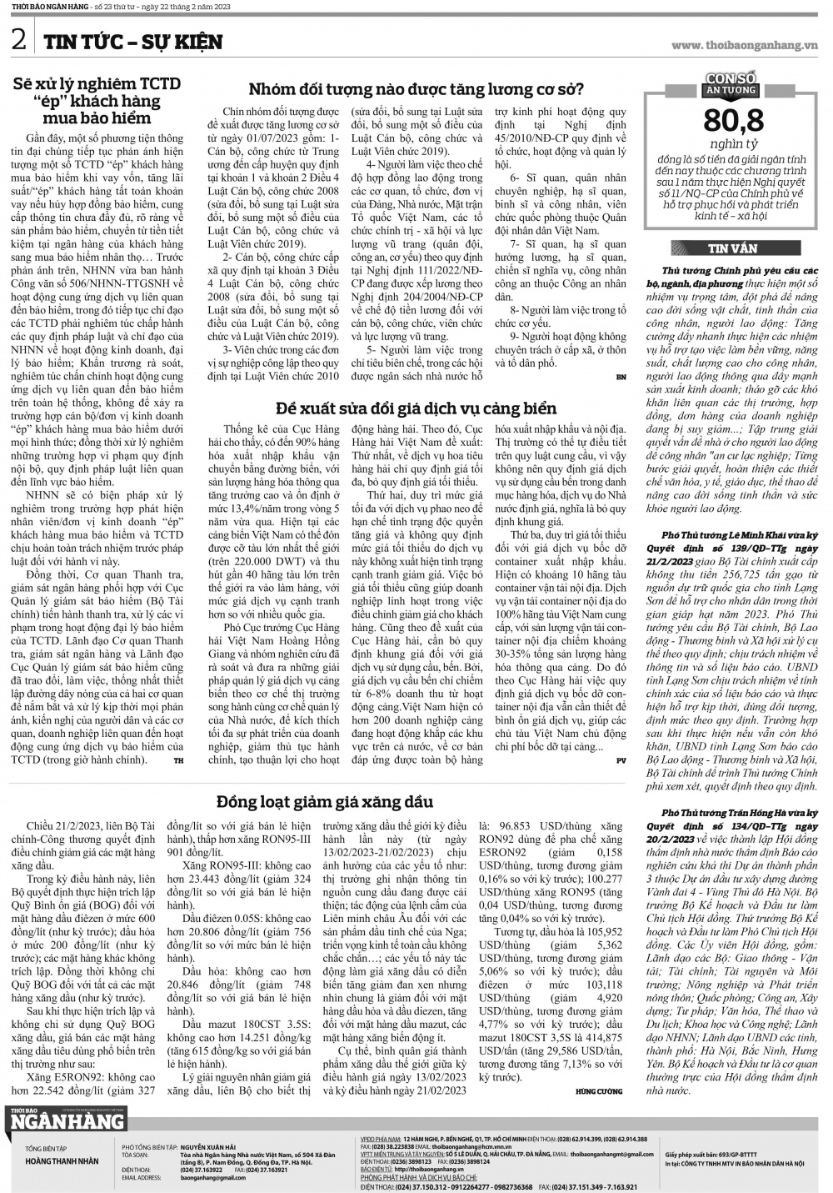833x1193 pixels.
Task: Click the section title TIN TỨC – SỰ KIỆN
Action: [132, 42]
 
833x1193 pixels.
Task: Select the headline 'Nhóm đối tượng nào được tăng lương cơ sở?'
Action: [417, 90]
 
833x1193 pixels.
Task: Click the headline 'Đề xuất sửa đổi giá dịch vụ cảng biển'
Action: [416, 408]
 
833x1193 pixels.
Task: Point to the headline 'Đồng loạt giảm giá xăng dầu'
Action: [325, 801]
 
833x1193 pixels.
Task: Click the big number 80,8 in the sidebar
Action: [734, 120]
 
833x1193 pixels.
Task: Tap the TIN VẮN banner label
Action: [733, 248]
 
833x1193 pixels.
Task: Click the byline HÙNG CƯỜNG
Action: [598, 1090]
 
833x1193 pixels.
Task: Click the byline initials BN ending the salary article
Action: [621, 377]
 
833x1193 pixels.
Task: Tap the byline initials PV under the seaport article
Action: [621, 760]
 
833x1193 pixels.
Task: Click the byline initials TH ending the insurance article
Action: [178, 760]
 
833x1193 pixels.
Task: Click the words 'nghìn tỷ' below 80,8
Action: [733, 143]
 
